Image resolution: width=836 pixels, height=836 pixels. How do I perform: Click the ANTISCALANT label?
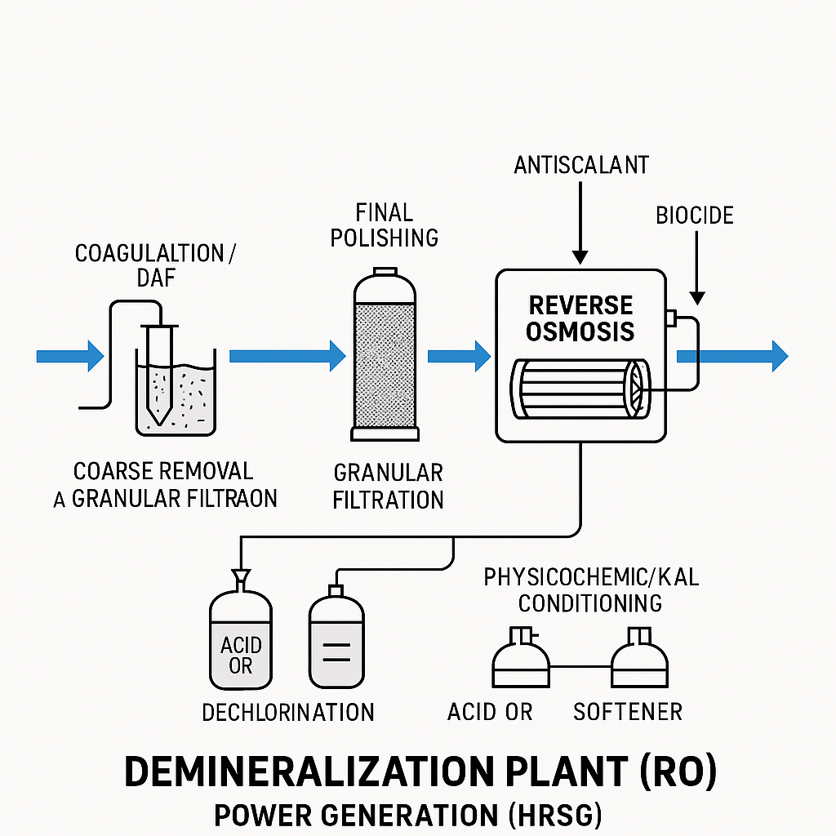tap(580, 166)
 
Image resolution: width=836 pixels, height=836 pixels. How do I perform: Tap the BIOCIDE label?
tap(695, 216)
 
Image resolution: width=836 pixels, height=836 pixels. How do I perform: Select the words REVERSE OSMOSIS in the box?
tap(580, 318)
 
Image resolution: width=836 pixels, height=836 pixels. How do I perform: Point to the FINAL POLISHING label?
tap(385, 225)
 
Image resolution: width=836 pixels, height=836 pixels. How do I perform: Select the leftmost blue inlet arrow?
tap(70, 356)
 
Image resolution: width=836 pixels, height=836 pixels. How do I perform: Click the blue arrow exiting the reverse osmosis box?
tap(732, 356)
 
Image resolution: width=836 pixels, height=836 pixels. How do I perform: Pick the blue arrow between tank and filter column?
tap(287, 356)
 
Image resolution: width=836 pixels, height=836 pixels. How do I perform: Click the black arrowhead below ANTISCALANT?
tap(580, 256)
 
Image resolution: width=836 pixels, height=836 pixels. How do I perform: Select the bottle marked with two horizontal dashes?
tap(336, 641)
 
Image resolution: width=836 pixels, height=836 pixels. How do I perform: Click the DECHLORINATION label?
tap(288, 712)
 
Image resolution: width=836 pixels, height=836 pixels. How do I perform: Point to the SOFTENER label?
tap(628, 712)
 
